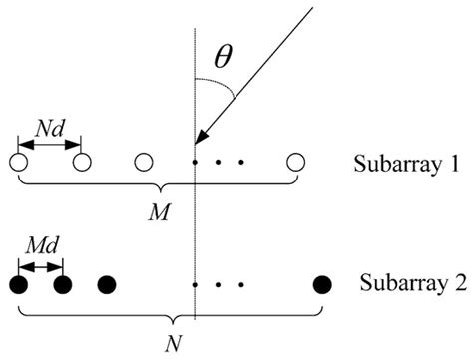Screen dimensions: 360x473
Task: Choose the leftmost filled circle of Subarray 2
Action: [x=17, y=285]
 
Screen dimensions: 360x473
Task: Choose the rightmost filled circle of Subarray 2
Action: [x=322, y=285]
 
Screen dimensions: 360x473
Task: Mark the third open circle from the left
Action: [x=145, y=161]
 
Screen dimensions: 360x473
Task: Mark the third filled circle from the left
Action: [x=107, y=285]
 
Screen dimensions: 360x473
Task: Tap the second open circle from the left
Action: [x=81, y=161]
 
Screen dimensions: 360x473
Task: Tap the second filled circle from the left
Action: [x=63, y=285]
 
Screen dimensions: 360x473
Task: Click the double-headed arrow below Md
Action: [x=40, y=267]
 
